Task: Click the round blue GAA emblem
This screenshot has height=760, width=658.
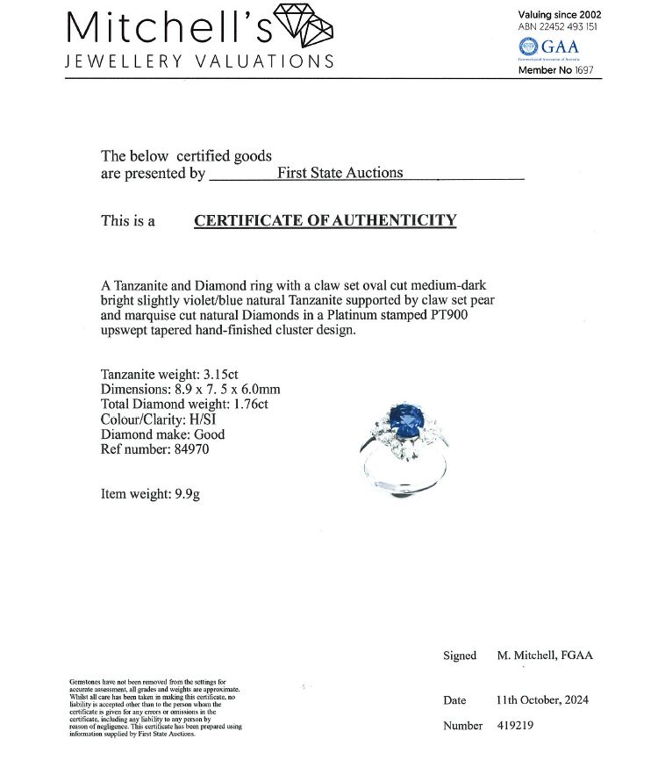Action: pos(528,46)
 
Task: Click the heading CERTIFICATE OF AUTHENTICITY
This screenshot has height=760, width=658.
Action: pos(325,220)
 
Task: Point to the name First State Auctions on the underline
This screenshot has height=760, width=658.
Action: pos(340,173)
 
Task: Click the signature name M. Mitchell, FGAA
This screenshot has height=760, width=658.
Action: pos(545,656)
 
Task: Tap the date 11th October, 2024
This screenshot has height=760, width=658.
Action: pos(541,699)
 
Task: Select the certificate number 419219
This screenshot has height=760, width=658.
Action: pos(514,726)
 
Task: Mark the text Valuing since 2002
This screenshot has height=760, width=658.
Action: pos(560,14)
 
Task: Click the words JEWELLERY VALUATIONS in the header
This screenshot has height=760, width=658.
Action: pos(200,61)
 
